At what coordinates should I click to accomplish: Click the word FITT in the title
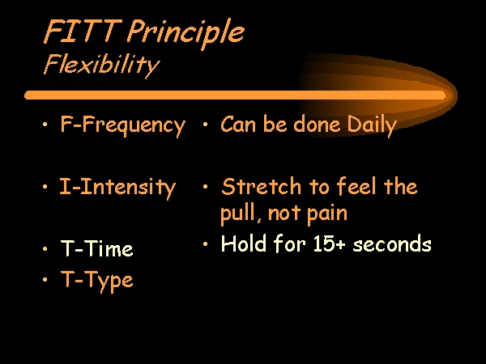[x=83, y=31]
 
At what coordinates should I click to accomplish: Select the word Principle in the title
[x=185, y=33]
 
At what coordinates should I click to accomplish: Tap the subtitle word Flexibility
[x=102, y=66]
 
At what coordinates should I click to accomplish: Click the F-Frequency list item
[x=123, y=125]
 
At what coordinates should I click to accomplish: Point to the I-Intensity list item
[x=117, y=188]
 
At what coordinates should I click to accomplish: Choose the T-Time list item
[x=97, y=248]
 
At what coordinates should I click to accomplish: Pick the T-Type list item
[x=97, y=281]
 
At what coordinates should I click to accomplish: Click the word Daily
[x=372, y=125]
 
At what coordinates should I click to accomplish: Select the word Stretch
[x=262, y=187]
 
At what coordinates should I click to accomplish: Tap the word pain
[x=327, y=214]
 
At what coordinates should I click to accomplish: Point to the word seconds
[x=392, y=244]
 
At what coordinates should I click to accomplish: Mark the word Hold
[x=244, y=243]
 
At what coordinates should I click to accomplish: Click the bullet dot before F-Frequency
[x=45, y=125]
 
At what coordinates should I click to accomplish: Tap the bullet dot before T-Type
[x=45, y=280]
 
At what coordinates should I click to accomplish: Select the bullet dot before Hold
[x=205, y=244]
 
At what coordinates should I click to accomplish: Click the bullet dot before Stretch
[x=205, y=187]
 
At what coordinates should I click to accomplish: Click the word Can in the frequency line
[x=238, y=124]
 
